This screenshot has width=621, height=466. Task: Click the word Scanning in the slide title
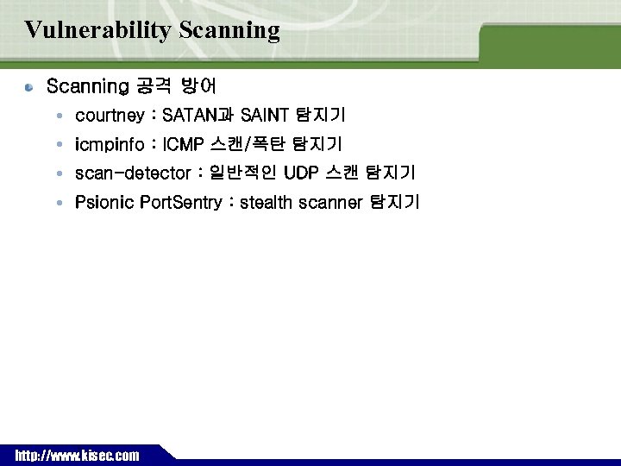click(x=230, y=31)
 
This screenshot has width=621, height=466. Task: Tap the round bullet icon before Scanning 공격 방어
click(x=29, y=87)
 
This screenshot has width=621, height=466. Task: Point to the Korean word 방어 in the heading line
click(x=198, y=86)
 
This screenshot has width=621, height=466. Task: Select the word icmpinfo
click(x=109, y=144)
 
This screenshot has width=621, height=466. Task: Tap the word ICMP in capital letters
click(x=177, y=144)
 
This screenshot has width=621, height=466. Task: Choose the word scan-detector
click(x=132, y=173)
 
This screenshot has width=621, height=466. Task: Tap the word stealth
click(x=267, y=203)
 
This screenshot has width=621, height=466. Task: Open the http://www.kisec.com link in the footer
click(x=76, y=456)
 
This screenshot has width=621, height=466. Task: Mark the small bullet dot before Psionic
click(x=57, y=203)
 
